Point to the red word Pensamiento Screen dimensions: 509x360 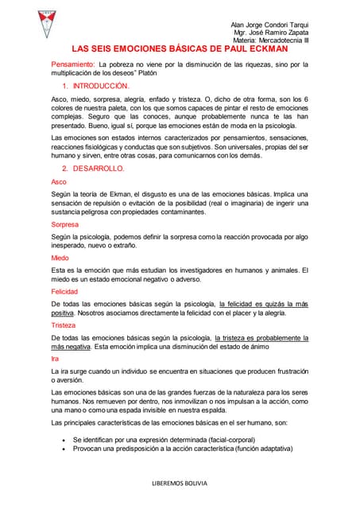[x=73, y=64]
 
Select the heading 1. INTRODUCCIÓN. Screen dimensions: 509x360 [x=95, y=85]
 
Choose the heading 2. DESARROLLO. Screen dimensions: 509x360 [x=93, y=169]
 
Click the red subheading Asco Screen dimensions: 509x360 [x=59, y=182]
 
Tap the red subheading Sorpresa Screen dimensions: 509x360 [x=66, y=225]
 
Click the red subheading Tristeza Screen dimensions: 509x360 [x=64, y=325]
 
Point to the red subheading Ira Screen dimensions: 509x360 [x=55, y=359]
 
